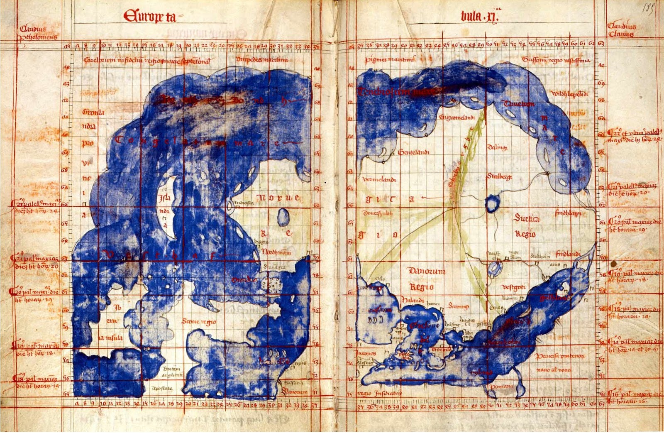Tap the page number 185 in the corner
point(649,9)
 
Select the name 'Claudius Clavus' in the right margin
point(621,30)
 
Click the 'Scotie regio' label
point(199,321)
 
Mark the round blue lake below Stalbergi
point(491,204)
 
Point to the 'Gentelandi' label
point(413,152)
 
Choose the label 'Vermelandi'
point(379,180)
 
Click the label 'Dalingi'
point(497,147)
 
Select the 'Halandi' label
point(413,300)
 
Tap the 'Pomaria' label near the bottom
point(501,386)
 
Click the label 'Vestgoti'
point(514,287)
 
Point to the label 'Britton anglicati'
point(173,372)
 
